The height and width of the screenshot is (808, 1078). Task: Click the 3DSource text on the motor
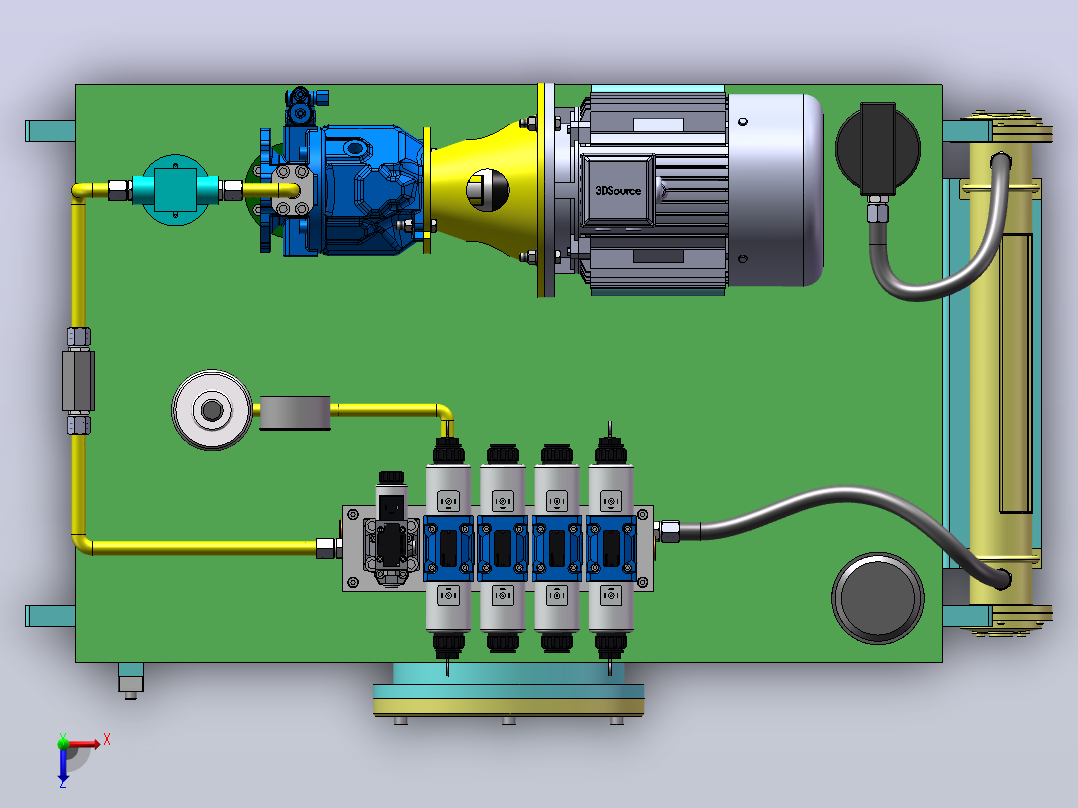[618, 190]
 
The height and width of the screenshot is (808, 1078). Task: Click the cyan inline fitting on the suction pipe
[175, 189]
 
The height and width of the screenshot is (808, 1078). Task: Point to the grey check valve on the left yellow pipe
[78, 380]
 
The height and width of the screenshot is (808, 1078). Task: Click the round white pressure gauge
[212, 410]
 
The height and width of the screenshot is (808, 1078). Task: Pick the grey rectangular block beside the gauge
[295, 413]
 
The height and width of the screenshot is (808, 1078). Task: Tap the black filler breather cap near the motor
[878, 147]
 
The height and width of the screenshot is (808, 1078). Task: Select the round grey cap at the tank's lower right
[878, 598]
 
